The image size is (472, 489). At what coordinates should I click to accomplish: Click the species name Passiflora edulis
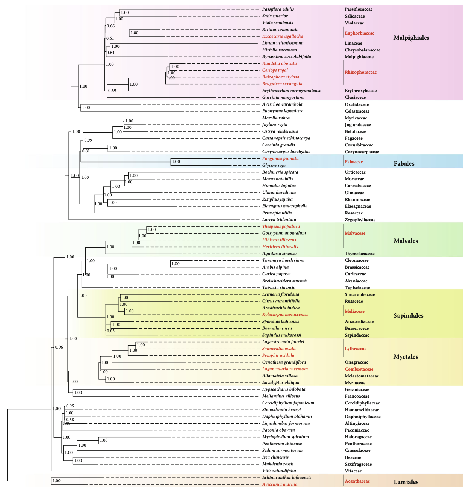pos(278,9)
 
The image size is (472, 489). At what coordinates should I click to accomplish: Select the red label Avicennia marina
pos(280,484)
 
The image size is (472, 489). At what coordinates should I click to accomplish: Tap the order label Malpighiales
pos(411,38)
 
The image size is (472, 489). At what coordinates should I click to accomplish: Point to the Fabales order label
pos(404,163)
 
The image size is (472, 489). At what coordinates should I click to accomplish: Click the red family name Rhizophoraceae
pos(360,72)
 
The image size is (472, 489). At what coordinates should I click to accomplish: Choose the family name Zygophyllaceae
pos(360,220)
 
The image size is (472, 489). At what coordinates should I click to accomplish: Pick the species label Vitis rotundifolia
pos(279,471)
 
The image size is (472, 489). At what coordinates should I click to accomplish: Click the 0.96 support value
pos(59,347)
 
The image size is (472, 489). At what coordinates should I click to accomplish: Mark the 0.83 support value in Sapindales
pos(110,331)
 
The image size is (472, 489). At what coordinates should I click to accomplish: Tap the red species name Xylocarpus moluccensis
pos(285,314)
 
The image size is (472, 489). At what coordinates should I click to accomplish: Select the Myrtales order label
pos(405,356)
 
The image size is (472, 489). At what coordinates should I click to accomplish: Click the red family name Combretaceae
pos(359,369)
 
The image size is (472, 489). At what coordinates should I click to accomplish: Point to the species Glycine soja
pos(274,165)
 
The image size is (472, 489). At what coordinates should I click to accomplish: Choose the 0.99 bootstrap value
pos(88,140)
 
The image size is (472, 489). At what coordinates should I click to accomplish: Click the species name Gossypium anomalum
pos(284,233)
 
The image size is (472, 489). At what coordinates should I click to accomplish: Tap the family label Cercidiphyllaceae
pos(362,403)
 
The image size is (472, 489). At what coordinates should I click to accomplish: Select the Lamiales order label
pos(405,482)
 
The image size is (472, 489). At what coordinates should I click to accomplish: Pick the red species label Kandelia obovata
pos(279,63)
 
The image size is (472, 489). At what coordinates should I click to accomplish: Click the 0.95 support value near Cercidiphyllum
pos(70,406)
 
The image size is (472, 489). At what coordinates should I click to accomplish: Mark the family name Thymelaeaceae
pos(360,254)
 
